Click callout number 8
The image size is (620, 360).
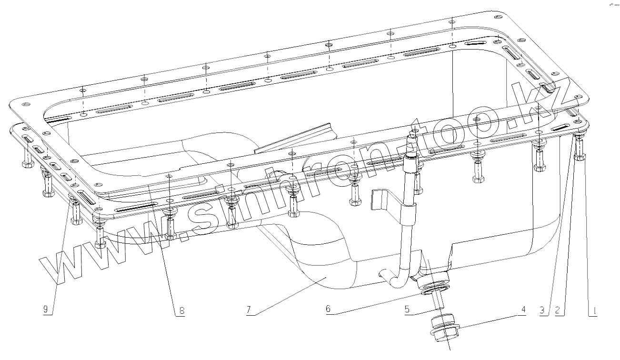[x=181, y=311]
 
